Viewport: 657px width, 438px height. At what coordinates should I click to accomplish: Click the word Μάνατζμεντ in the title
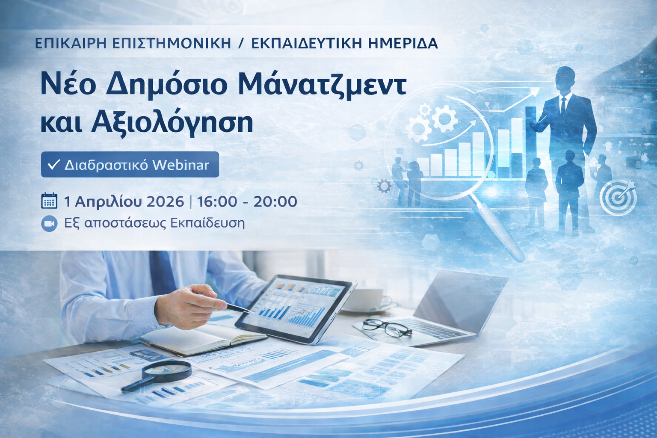(x=323, y=85)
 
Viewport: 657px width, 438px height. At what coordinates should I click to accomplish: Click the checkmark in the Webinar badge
(x=54, y=165)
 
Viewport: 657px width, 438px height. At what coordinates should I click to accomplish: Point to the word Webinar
(x=181, y=165)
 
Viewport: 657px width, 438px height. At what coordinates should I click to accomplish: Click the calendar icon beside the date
(x=49, y=201)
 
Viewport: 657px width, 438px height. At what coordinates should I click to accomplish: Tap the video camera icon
(x=49, y=224)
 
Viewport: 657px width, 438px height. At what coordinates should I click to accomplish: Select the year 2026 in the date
(x=165, y=201)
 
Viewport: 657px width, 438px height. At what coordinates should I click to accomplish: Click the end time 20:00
(x=275, y=201)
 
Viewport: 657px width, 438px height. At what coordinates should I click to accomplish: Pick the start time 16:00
(x=217, y=201)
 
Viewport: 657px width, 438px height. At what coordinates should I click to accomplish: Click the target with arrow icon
(x=618, y=197)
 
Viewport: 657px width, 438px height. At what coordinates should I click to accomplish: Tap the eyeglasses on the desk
(x=387, y=328)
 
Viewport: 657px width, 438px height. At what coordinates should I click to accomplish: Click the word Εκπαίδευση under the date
(x=207, y=224)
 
